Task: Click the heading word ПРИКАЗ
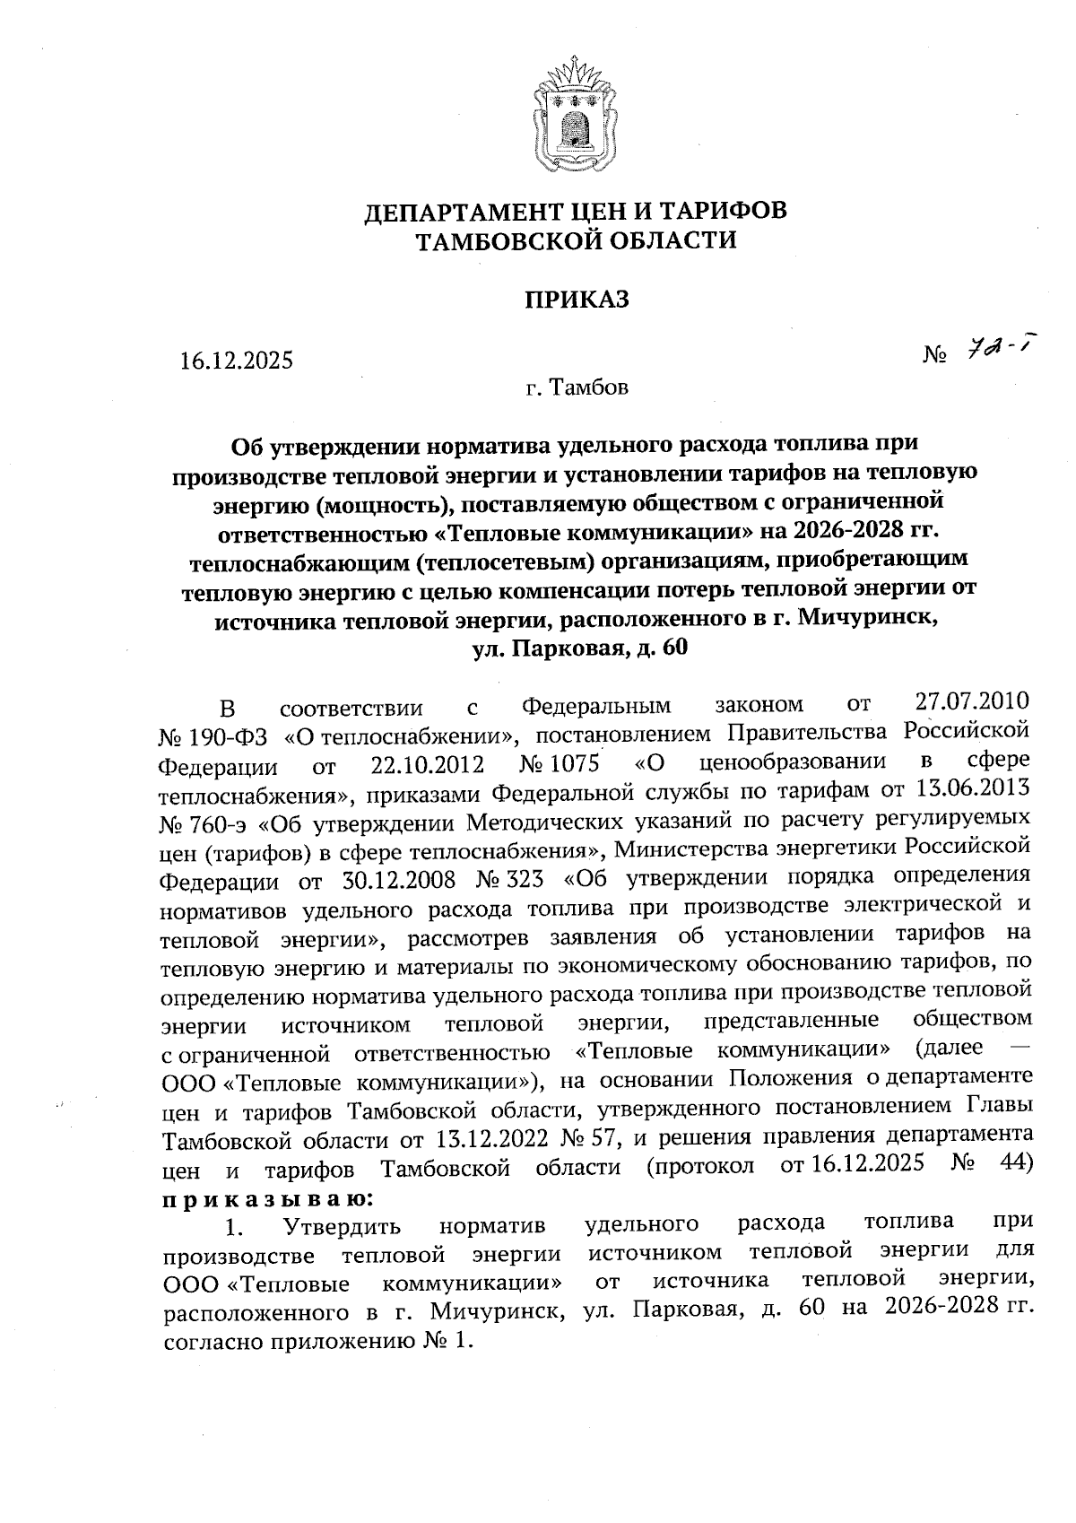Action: click(x=577, y=299)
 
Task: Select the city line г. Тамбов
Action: click(x=577, y=387)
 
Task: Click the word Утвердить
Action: click(x=342, y=1226)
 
